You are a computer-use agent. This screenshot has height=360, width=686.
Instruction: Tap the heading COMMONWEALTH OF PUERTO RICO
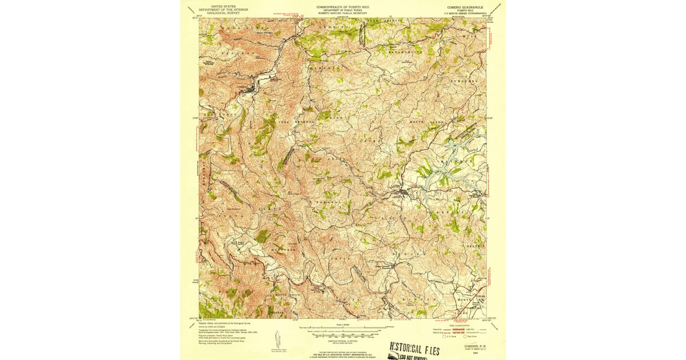[343, 7]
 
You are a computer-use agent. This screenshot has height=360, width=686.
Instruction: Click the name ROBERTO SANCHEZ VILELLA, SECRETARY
[343, 13]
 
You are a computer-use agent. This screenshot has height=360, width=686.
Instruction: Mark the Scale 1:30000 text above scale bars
[343, 325]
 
